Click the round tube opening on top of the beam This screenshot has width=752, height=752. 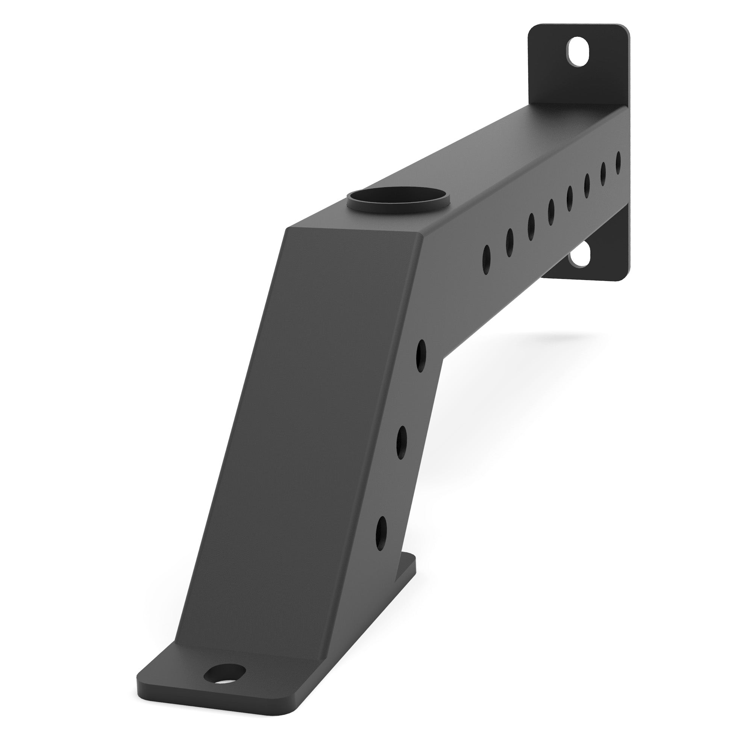click(x=398, y=197)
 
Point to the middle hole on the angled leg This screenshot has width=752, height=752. click(x=401, y=443)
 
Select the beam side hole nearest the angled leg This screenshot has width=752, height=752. click(x=486, y=255)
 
